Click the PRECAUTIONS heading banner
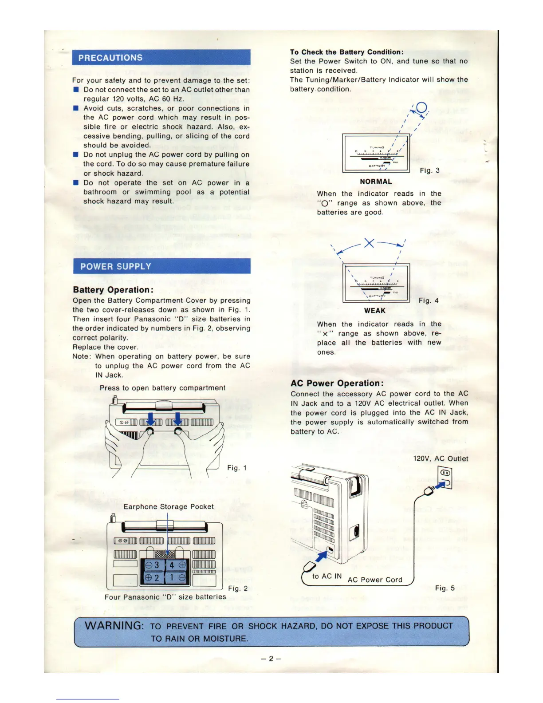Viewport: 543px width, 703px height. [x=161, y=58]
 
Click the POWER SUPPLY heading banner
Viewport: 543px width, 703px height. [x=161, y=266]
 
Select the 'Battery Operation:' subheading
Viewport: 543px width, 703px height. [x=113, y=290]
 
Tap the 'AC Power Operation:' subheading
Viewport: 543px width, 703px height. [x=337, y=383]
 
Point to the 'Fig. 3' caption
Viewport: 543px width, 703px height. [x=429, y=170]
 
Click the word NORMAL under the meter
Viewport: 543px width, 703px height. [x=376, y=182]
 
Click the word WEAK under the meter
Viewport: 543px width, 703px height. [x=375, y=311]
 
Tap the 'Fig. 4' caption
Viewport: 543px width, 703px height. [x=429, y=300]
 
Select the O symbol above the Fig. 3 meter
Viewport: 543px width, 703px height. [x=421, y=107]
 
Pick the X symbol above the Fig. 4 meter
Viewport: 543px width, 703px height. [x=369, y=243]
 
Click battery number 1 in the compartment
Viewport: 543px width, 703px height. [x=172, y=578]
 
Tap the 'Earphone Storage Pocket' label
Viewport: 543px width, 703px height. [x=169, y=507]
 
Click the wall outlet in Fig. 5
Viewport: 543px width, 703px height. [x=445, y=478]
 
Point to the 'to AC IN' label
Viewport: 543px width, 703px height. [x=327, y=576]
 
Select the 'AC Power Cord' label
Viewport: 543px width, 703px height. [x=375, y=580]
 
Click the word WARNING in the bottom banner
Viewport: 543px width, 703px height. [x=114, y=626]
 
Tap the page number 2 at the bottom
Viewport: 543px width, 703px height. [x=271, y=659]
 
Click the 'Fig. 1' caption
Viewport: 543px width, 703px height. [x=237, y=468]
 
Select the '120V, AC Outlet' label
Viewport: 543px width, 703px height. [x=441, y=459]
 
